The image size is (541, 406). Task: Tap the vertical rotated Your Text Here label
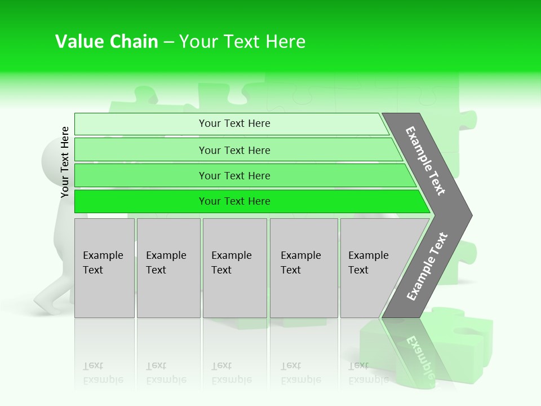[x=65, y=162]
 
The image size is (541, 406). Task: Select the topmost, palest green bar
[x=234, y=123]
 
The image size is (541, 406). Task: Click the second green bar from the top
[x=234, y=150]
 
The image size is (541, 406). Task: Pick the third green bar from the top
[x=234, y=175]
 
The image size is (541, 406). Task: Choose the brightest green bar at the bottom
[x=234, y=201]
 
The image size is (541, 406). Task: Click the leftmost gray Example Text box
[x=104, y=268]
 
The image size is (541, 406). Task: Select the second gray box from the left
[x=168, y=268]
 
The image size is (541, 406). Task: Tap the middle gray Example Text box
[x=234, y=268]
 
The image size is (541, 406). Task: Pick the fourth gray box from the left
[x=303, y=268]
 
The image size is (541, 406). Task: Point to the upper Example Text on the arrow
[x=425, y=161]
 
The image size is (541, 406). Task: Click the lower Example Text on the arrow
[x=427, y=266]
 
